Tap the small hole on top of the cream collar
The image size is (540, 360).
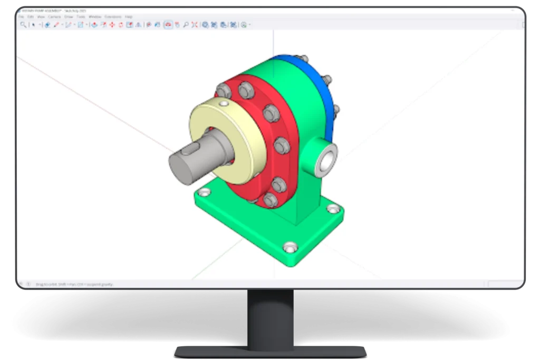tap(224, 104)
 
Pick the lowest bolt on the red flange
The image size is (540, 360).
tap(271, 200)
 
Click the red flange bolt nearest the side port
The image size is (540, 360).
tap(282, 144)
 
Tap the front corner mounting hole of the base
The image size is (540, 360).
tap(290, 247)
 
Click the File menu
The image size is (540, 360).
tap(22, 17)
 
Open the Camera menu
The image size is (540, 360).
tap(54, 17)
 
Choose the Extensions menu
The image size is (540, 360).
tap(113, 17)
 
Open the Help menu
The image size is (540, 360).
tap(129, 17)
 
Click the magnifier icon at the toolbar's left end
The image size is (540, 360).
tap(23, 25)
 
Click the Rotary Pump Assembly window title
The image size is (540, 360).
tap(47, 11)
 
